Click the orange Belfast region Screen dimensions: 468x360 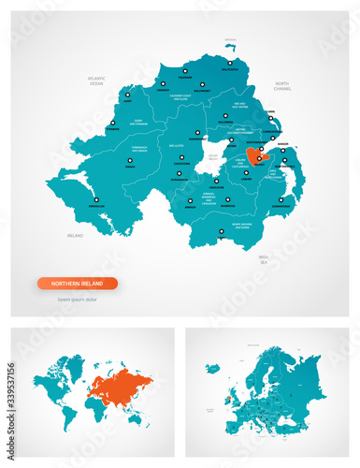point(257,155)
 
